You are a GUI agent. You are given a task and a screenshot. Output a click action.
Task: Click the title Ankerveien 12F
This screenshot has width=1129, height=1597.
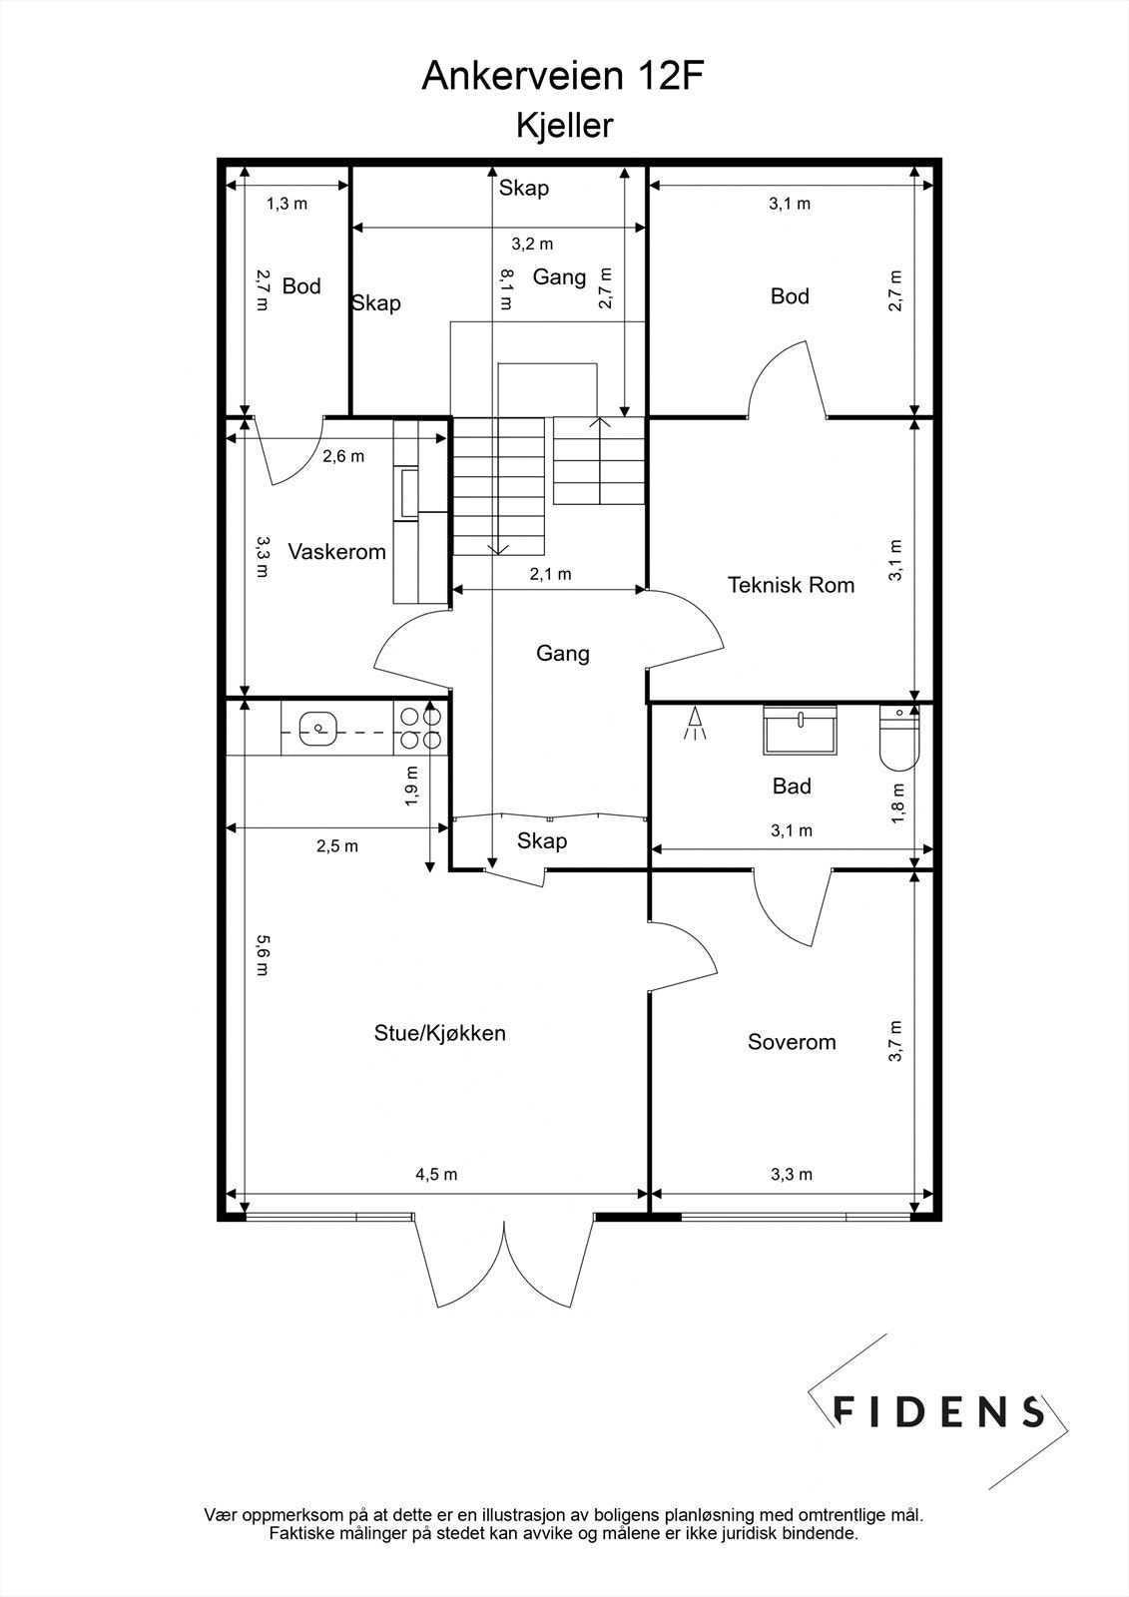pos(563,76)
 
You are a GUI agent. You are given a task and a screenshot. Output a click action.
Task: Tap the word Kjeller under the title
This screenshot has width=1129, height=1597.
pos(564,126)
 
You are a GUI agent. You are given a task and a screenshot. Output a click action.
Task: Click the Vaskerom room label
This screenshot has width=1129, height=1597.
pos(336,551)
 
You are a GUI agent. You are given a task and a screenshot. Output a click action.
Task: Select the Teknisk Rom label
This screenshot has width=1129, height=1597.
pos(791,585)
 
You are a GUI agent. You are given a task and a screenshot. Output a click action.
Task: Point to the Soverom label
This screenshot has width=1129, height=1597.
pos(792,1042)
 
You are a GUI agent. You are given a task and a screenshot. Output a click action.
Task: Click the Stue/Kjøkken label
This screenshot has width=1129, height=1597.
pos(440,1033)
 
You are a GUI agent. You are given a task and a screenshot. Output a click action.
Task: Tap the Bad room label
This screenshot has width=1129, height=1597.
pos(792,786)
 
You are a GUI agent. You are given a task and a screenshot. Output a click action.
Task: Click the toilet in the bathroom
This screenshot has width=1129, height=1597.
pos(899,738)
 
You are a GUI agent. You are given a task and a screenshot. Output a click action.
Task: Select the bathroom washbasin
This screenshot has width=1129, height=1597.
pos(800,730)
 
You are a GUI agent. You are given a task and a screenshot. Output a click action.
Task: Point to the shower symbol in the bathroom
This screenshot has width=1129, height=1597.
pos(694,723)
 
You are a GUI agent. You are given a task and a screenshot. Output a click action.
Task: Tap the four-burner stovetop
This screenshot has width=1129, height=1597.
pos(421,728)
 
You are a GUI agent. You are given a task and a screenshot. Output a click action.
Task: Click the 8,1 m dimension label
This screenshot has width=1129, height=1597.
pos(506,288)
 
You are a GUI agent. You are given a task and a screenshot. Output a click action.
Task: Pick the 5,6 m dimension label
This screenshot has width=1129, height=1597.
pos(262,955)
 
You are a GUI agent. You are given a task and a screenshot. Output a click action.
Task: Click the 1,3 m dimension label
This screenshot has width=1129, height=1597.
pos(286,204)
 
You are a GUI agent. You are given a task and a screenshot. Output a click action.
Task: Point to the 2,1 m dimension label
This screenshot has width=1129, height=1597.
pos(551,574)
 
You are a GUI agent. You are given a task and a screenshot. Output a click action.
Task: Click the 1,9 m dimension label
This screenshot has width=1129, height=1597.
pos(411,787)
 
